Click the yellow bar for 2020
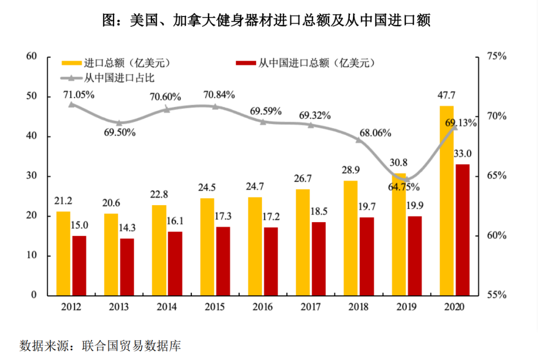click(x=446, y=201)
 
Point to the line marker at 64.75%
click(x=407, y=179)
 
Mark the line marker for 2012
click(x=71, y=104)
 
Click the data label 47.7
click(x=447, y=96)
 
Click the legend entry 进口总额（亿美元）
click(x=116, y=63)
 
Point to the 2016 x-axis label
click(x=263, y=307)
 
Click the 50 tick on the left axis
click(x=32, y=97)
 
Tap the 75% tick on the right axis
click(x=496, y=57)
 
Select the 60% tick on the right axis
click(x=496, y=236)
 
